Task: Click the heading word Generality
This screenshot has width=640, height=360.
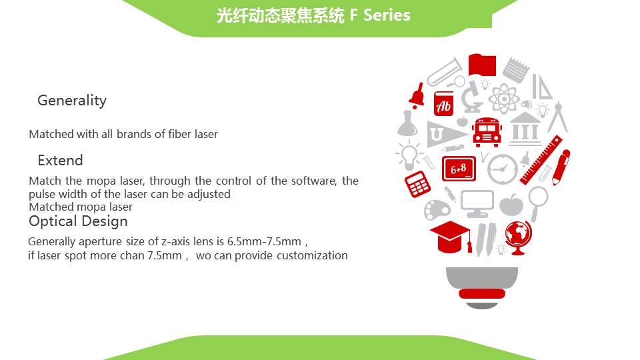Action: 72,101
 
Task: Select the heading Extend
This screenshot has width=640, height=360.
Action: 60,161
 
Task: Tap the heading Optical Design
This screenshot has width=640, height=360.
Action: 78,221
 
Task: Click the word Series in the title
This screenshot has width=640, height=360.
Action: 387,15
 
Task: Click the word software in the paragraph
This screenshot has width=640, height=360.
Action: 314,181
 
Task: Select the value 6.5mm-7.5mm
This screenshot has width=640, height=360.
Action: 264,241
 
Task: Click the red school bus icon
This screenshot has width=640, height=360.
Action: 487,132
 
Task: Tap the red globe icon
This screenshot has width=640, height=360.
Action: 518,237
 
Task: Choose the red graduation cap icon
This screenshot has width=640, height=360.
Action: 451,237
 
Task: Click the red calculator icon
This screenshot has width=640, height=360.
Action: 417,184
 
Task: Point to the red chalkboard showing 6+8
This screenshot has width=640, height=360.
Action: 459,169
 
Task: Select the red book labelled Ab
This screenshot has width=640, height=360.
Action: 443,104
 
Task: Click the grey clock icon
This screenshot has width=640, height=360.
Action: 503,169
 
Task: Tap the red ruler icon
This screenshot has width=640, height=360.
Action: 541,161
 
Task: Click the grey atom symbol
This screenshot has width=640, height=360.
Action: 504,99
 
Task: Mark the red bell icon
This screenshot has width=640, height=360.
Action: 417,95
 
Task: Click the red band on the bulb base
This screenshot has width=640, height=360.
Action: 482,293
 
